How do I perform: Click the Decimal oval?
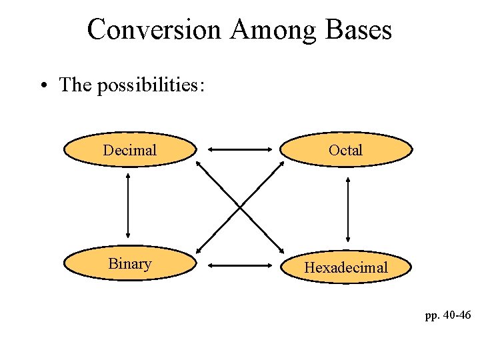pos(130,150)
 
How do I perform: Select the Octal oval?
pos(345,150)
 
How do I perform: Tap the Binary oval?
pos(130,264)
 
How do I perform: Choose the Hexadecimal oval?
pos(345,267)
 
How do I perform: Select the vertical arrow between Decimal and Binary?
pos(127,207)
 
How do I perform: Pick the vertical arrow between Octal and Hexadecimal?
pos(347,209)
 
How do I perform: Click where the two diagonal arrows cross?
pos(240,207)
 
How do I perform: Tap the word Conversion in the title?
pos(154,29)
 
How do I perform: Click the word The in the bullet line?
pos(75,85)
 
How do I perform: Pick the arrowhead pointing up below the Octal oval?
pos(347,181)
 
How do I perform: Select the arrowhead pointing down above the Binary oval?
pos(127,235)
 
